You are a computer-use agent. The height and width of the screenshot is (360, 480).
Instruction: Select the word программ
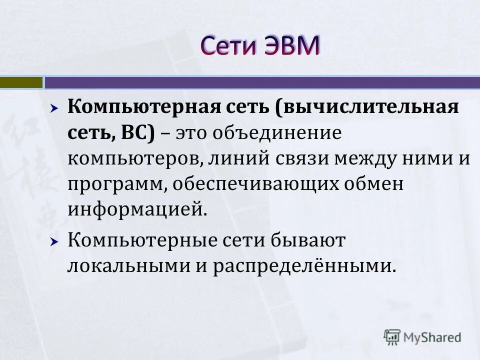click(x=115, y=184)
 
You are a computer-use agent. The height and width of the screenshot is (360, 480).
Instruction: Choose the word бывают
click(x=307, y=241)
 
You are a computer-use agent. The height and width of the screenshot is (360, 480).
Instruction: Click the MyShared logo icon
click(x=392, y=336)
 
